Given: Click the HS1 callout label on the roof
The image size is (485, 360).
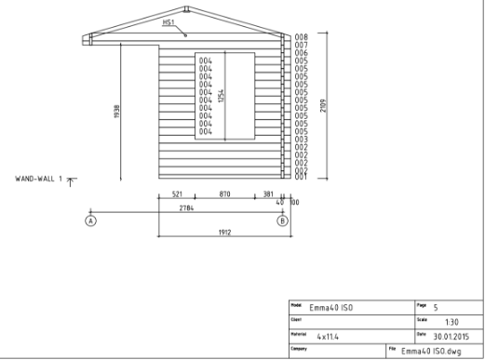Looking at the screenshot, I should (x=168, y=22).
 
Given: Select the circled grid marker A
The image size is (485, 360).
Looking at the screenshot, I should (x=90, y=221).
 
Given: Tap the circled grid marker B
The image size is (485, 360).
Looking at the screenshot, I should (x=282, y=221).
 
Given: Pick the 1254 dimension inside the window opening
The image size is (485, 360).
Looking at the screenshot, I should (x=222, y=96).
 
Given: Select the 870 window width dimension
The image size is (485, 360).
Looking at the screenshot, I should (x=224, y=194).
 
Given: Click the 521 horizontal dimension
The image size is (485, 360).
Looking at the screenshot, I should (x=177, y=194).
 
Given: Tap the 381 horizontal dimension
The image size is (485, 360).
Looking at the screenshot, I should (x=267, y=194).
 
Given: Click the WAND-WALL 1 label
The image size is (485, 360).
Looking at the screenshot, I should (x=38, y=177).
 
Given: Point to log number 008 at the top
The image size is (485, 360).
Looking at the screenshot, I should (x=302, y=36).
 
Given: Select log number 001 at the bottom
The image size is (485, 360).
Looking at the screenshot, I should (x=302, y=176).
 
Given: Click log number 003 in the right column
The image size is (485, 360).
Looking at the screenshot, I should (x=302, y=139).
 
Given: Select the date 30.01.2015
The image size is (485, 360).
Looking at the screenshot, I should (x=453, y=335).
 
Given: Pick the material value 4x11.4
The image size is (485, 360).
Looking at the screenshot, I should (x=330, y=335).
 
